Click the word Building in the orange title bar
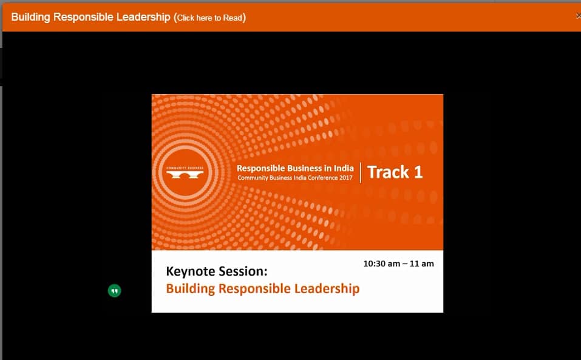(31, 17)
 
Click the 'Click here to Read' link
(209, 18)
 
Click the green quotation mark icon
(114, 291)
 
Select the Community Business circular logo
(186, 172)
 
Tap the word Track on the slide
(387, 172)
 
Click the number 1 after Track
(418, 172)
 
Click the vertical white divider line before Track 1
(361, 172)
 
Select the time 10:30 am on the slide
(381, 264)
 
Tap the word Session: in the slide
(243, 271)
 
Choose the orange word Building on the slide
(189, 288)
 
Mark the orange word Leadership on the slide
(327, 288)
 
